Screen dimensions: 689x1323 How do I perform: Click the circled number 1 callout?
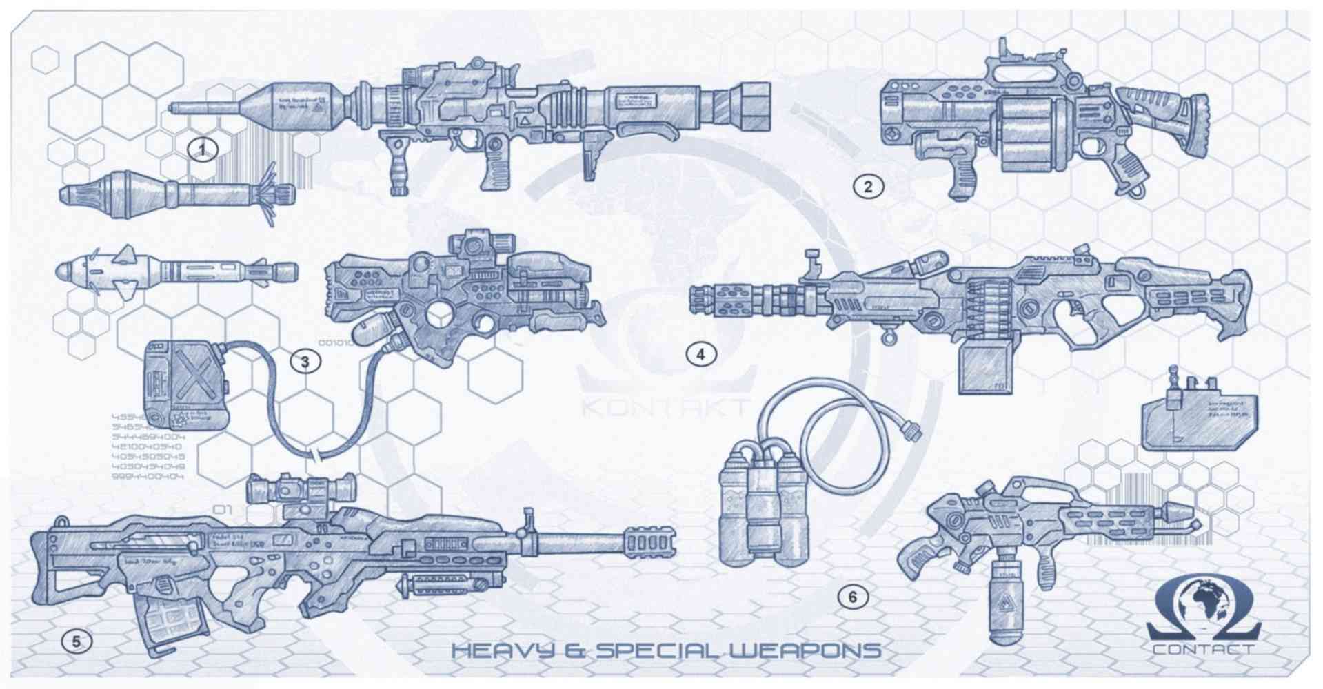(202, 149)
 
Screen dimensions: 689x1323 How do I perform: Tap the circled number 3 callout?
(305, 361)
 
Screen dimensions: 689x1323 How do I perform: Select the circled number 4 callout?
(701, 355)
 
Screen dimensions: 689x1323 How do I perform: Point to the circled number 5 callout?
(77, 642)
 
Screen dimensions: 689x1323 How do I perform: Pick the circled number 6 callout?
(853, 597)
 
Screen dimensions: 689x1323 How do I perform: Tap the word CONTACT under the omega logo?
(1202, 649)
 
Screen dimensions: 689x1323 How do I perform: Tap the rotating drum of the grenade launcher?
(1027, 132)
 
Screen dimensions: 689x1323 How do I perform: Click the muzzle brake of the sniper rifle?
(649, 543)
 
